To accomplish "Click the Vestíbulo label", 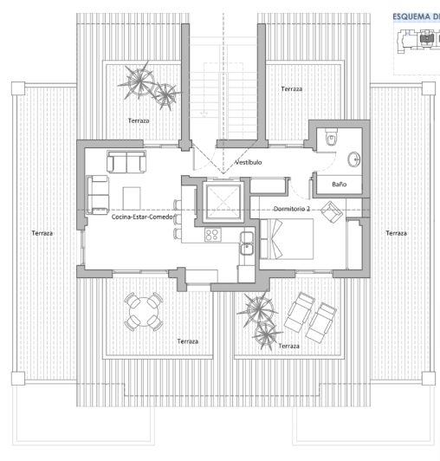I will point(249,162).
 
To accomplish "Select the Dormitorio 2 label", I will point(292,209).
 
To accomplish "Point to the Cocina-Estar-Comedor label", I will point(144,218).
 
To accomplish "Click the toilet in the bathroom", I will point(328,139).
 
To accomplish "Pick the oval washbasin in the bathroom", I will point(354,159).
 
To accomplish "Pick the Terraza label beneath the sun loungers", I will point(289,346).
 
